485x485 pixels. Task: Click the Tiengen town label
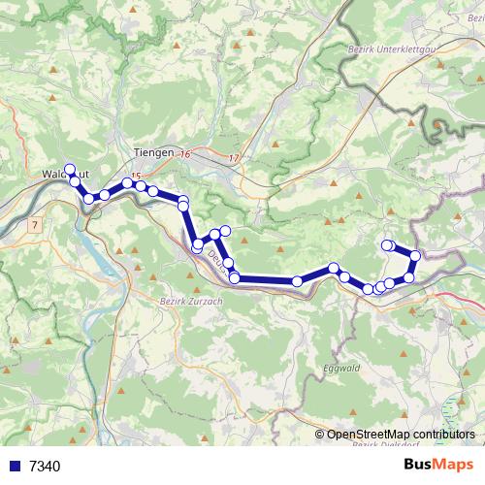[154, 153]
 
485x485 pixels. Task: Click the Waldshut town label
[59, 176]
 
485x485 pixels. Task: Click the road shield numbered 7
[35, 224]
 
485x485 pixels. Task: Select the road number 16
[185, 155]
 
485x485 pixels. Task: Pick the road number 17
[233, 158]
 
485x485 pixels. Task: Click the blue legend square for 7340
[15, 467]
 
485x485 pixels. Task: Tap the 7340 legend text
[45, 467]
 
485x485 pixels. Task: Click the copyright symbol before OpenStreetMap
[321, 435]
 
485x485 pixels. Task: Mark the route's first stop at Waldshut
[69, 170]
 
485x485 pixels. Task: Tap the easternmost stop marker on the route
[415, 256]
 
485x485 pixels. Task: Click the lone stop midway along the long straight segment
[297, 281]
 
